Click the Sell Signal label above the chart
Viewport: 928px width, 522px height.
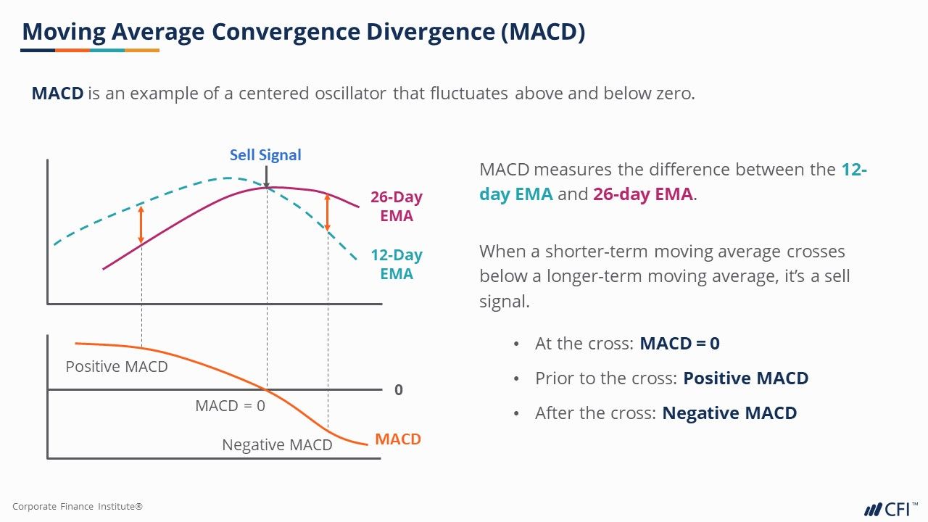(x=265, y=155)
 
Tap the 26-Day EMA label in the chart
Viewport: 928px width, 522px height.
(x=397, y=207)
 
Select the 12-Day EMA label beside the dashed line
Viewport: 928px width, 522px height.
(x=397, y=265)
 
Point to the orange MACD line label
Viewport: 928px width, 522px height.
(x=398, y=439)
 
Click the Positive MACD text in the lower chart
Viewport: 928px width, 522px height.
(x=117, y=367)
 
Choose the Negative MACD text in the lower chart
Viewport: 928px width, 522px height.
(x=277, y=445)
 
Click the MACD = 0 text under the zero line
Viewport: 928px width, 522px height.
(x=230, y=406)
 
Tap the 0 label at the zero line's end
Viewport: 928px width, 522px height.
(x=399, y=390)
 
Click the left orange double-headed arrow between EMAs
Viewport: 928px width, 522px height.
(x=141, y=225)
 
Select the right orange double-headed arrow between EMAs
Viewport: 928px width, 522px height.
(x=328, y=212)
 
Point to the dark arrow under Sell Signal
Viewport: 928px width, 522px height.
(x=267, y=176)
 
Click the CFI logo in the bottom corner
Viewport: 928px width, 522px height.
(x=889, y=508)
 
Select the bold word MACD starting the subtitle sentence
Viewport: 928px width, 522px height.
(x=57, y=94)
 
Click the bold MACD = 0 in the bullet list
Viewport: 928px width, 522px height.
(x=679, y=344)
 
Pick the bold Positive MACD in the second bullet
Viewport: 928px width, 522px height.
(x=745, y=378)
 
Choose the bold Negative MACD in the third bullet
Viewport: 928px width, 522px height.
(x=729, y=413)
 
